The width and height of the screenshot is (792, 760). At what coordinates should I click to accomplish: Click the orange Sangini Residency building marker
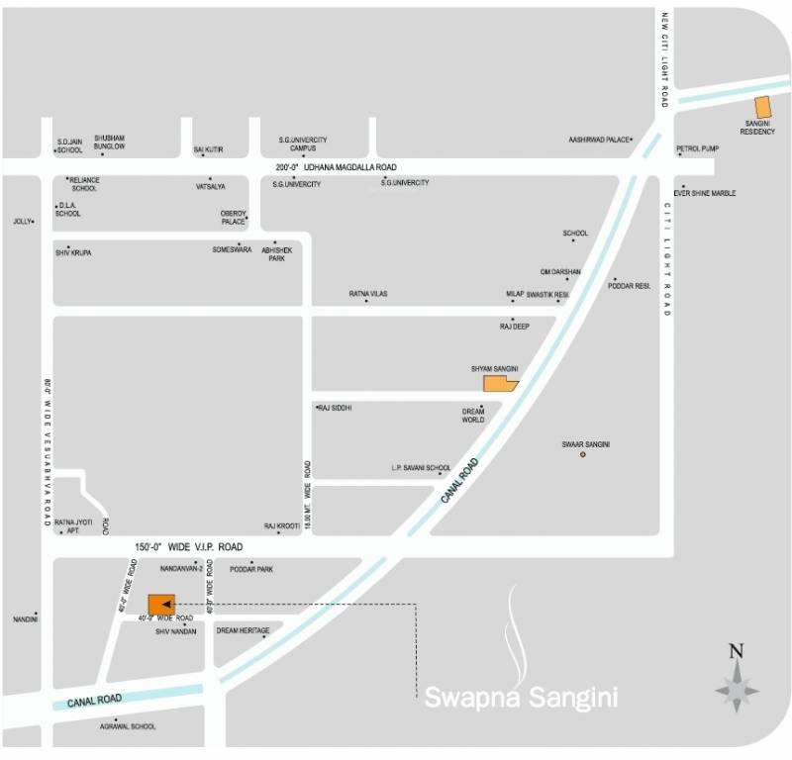click(762, 108)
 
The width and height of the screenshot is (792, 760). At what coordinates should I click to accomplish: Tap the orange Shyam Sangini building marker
click(498, 384)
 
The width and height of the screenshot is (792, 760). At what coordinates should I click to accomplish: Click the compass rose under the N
click(736, 688)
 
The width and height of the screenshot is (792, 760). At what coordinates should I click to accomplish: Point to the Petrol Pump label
click(698, 148)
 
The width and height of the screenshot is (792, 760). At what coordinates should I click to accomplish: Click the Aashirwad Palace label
click(599, 140)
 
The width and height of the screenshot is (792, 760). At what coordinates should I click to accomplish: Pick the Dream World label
click(473, 416)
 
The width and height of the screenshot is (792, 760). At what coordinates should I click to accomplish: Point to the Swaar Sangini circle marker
click(583, 454)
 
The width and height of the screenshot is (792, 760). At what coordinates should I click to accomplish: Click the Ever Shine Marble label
click(705, 193)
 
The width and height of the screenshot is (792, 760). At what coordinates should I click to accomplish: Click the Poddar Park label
click(251, 570)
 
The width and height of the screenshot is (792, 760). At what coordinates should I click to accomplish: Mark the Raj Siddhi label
click(336, 408)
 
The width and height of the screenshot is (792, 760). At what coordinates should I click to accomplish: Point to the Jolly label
click(22, 222)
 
